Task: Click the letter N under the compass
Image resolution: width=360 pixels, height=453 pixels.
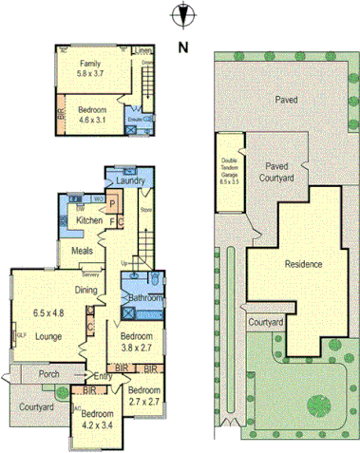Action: point(180,45)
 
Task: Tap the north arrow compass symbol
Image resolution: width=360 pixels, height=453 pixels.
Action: point(180,16)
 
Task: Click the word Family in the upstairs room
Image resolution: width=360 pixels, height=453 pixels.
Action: point(91,63)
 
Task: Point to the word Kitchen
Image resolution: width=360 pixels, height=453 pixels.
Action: point(89,221)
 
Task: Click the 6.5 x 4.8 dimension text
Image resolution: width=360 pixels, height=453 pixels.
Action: point(47,312)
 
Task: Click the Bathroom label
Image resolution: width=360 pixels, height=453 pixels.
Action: point(142,297)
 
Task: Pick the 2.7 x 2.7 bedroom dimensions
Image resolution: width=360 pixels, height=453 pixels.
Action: point(142,401)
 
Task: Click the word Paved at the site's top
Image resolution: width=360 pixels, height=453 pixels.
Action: point(286,99)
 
